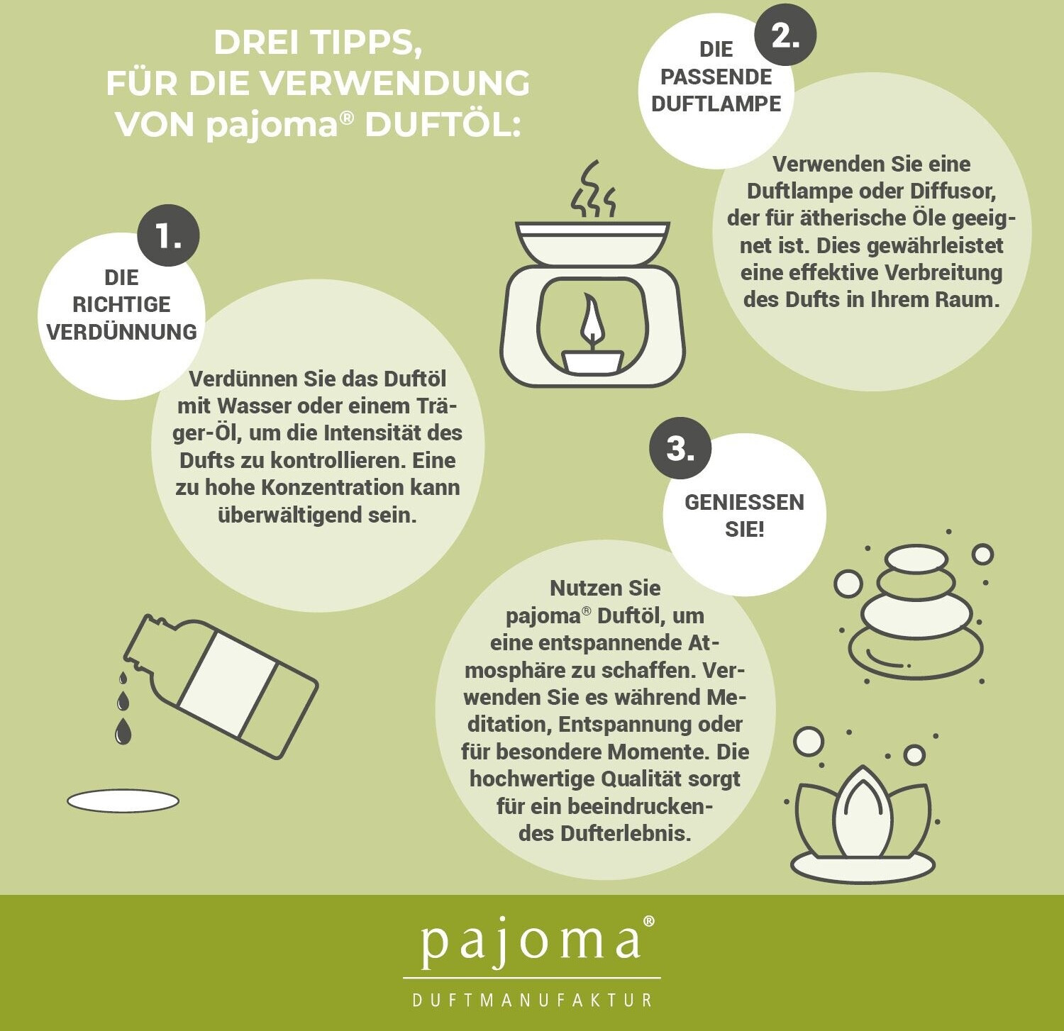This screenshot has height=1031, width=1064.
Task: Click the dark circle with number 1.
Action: (168, 235)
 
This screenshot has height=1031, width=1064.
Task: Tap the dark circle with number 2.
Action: (785, 34)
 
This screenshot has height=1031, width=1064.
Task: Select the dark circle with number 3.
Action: (680, 448)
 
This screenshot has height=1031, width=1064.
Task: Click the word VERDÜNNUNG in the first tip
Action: (121, 332)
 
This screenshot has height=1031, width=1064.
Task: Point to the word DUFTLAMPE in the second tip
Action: (716, 104)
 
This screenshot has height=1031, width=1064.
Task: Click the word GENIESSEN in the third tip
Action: (744, 502)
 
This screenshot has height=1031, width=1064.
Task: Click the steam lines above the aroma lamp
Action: (593, 189)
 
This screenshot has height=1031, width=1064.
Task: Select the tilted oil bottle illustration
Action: (221, 686)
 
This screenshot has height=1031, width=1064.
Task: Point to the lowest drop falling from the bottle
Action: (123, 731)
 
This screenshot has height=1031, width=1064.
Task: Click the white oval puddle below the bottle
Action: (123, 801)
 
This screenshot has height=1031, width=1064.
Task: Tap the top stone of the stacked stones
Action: (916, 559)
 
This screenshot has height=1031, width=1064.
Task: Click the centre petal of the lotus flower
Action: (863, 812)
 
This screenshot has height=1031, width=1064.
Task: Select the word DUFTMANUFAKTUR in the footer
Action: (532, 1001)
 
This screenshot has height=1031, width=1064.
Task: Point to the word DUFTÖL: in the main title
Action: (443, 124)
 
